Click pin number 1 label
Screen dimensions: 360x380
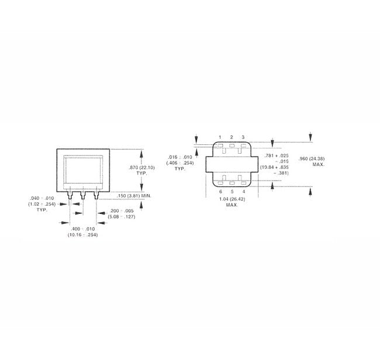[x=220, y=137]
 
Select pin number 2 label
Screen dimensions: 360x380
[x=232, y=137]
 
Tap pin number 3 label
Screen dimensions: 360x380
[x=243, y=137]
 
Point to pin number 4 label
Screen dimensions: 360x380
[x=243, y=191]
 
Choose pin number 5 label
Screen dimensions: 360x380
[x=232, y=191]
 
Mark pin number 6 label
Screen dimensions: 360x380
[x=220, y=191]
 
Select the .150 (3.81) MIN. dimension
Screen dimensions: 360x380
[x=134, y=196]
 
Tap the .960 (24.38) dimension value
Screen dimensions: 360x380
[x=312, y=158]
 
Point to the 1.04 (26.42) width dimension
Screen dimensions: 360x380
[x=232, y=199]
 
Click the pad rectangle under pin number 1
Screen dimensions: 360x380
[x=220, y=145]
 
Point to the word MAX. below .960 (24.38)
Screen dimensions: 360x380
[x=318, y=165]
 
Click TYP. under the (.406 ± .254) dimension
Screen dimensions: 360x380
[x=179, y=169]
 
